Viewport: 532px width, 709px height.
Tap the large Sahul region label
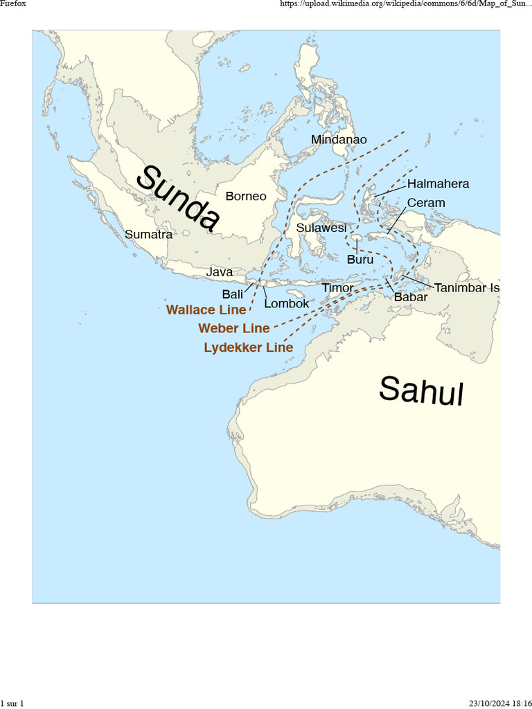click(x=420, y=391)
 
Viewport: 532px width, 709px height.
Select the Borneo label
click(x=245, y=196)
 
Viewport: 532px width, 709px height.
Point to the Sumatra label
click(x=148, y=234)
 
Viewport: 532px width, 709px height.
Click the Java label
click(x=219, y=272)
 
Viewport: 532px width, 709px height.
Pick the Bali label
click(x=232, y=294)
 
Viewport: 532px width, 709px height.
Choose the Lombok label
click(x=286, y=303)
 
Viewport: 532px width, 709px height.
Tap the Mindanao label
click(x=339, y=140)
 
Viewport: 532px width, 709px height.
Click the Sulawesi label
click(x=321, y=228)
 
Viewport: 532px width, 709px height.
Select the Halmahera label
click(x=438, y=183)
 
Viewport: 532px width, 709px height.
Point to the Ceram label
click(x=426, y=203)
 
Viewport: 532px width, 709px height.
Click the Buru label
click(x=360, y=260)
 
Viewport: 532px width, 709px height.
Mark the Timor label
click(x=337, y=287)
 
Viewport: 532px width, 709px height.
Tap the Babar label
click(x=410, y=297)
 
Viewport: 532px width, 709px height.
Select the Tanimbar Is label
click(x=467, y=288)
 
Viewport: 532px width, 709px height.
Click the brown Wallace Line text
click(x=206, y=310)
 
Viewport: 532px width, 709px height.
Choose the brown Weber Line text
click(x=233, y=328)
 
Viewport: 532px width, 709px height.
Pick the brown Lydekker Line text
click(x=248, y=348)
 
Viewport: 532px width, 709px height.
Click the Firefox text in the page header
click(x=12, y=4)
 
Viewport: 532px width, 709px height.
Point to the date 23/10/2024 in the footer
click(x=491, y=703)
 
